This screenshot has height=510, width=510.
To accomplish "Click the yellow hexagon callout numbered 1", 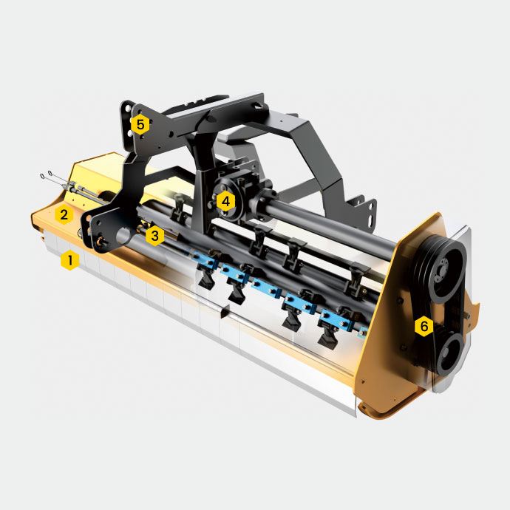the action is (70, 260).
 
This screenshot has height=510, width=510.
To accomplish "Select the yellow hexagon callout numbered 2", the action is (64, 214).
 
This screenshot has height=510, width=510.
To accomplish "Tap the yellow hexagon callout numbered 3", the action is (154, 236).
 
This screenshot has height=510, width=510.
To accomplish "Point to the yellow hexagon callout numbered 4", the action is (225, 201).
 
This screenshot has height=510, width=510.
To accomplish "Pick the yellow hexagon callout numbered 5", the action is (140, 124).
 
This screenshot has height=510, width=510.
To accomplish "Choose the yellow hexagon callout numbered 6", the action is (424, 326).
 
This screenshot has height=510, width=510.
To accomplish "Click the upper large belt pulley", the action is (441, 268).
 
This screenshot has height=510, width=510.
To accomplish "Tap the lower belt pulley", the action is (450, 354).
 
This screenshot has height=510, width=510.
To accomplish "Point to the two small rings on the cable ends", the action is (46, 174).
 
